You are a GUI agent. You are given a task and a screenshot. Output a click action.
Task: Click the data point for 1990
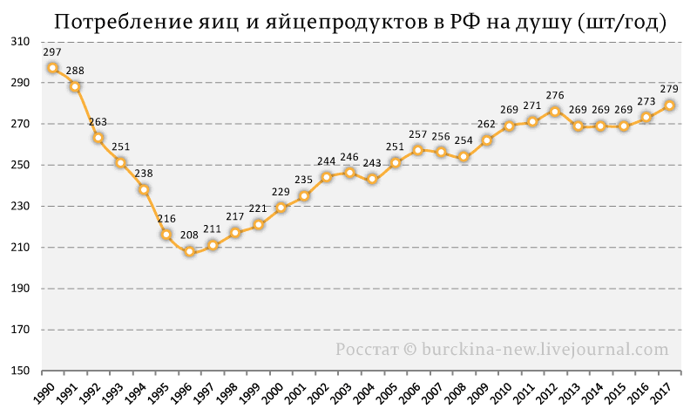pos(52,68)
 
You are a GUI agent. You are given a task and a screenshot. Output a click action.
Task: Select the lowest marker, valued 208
pos(189,251)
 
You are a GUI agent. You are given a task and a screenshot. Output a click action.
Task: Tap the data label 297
pos(52,52)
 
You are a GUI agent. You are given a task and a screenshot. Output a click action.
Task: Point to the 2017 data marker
pos(669,106)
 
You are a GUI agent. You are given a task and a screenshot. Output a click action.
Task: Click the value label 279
pos(669,89)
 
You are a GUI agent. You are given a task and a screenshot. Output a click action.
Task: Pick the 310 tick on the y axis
pos(21,42)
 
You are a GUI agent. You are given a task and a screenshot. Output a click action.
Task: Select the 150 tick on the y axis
pos(21,371)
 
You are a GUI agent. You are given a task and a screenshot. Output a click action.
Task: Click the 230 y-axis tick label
pos(21,207)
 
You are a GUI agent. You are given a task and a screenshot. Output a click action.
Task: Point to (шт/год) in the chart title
pos(622,23)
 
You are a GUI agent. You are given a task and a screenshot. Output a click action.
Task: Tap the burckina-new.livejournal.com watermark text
pos(545,349)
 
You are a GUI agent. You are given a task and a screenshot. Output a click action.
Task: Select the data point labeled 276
pos(555,112)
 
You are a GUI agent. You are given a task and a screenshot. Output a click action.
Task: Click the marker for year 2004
pos(373,180)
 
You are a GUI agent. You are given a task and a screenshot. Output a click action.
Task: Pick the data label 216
pos(166,218)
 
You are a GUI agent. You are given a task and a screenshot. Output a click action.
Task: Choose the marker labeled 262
pos(487,140)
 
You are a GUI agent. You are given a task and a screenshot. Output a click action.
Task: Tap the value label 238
pos(144,173)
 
